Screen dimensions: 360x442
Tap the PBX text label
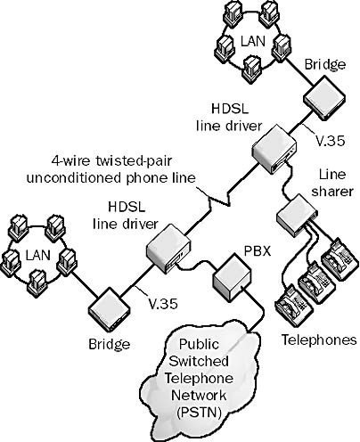click(x=258, y=251)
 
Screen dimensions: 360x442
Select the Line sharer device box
click(x=297, y=216)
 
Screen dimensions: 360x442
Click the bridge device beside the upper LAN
click(x=324, y=97)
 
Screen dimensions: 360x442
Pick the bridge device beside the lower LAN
click(x=109, y=309)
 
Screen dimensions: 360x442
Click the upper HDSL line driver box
click(x=274, y=149)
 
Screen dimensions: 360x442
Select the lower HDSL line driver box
click(x=168, y=249)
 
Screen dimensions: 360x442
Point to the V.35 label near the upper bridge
click(x=330, y=141)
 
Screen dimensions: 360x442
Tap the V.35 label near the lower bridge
click(x=163, y=303)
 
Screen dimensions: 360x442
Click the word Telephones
click(x=319, y=340)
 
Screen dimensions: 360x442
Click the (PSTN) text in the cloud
click(x=199, y=413)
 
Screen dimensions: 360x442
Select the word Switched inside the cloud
click(x=199, y=361)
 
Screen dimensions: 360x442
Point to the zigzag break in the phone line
click(x=220, y=200)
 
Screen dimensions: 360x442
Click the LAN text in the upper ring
click(x=252, y=41)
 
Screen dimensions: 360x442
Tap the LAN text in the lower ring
click(x=37, y=255)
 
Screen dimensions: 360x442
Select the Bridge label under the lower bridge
click(x=110, y=344)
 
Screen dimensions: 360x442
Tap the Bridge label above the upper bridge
click(x=325, y=64)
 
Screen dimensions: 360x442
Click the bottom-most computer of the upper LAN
click(x=252, y=70)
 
